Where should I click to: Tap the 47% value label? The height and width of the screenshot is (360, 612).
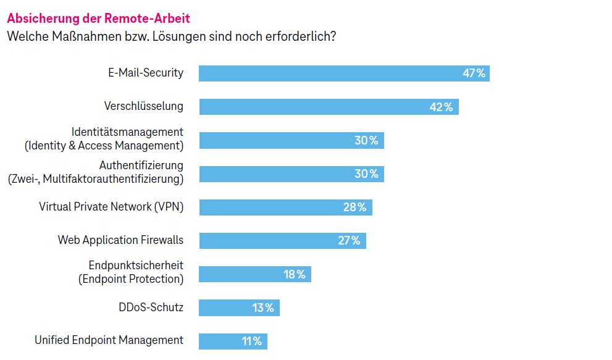pos(474,73)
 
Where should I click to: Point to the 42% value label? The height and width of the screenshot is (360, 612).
pos(441,107)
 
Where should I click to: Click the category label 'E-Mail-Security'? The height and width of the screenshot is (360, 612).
pos(146,73)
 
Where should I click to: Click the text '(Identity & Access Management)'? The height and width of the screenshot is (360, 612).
pos(104,146)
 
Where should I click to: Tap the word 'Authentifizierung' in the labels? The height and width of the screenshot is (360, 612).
pos(141,165)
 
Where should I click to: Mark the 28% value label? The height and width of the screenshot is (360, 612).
pos(354,207)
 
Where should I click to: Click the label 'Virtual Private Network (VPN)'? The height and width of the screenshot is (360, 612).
pos(111,206)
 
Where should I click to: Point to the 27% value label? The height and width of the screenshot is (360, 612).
pos(349,240)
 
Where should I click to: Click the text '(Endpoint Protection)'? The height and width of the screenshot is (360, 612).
pos(131,279)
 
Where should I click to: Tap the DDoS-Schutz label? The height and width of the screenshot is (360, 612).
pos(151,307)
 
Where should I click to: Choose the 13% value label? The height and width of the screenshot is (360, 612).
pos(263,308)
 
